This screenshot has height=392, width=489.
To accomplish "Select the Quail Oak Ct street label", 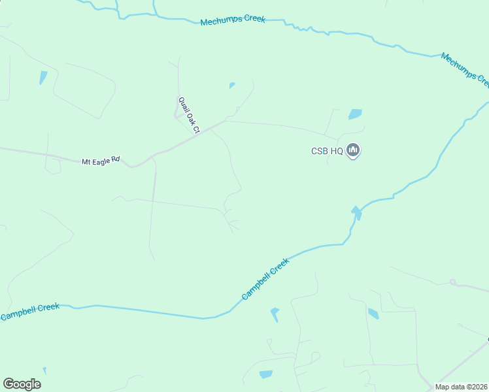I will (188, 115).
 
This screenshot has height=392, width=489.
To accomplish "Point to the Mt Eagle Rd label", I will (101, 161).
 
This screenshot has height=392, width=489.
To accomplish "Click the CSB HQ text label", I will (326, 151).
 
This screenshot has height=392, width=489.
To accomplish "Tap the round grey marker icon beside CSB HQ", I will (353, 151).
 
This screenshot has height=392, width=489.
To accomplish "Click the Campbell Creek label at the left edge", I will (29, 312).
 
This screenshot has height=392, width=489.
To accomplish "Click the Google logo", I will (22, 384).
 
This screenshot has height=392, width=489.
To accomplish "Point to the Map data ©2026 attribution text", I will (461, 387).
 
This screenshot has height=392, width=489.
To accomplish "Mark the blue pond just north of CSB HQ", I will (355, 114).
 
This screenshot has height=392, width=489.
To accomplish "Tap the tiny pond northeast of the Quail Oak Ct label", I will (231, 85).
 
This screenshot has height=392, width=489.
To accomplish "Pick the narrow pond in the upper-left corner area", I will (43, 77).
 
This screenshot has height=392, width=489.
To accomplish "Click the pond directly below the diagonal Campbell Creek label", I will (275, 314).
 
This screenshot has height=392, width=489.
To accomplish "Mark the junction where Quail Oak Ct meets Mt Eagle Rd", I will (197, 135).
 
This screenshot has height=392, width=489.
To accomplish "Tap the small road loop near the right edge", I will (452, 282).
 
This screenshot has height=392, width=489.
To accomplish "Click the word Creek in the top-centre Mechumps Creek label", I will (252, 20).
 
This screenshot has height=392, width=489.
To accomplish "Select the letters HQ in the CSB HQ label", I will (336, 151).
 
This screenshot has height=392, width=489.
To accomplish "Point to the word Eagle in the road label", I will (101, 161).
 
